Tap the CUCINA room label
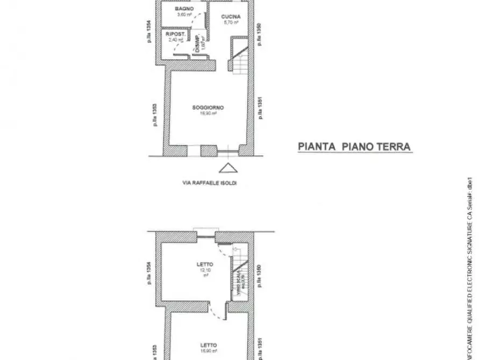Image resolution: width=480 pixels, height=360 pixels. point(231,17)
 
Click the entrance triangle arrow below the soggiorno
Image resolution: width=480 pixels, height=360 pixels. point(228,168)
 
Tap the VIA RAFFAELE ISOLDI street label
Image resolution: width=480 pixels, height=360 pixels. point(210,183)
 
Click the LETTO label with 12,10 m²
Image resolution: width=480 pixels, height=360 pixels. point(205,264)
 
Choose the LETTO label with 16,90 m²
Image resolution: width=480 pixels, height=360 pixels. point(209,345)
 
